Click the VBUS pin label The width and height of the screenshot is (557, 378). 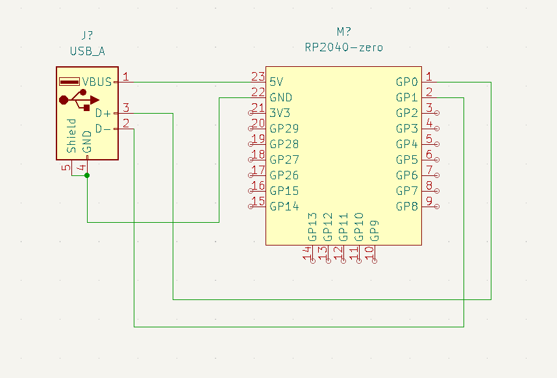[97, 82]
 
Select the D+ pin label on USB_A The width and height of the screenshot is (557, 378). [103, 113]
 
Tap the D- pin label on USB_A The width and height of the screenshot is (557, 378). [103, 129]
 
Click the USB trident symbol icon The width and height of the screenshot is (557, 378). [79, 99]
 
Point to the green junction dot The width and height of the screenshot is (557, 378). [87, 175]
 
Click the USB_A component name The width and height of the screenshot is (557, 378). [87, 50]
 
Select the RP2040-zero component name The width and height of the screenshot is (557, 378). [344, 47]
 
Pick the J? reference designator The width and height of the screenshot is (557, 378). [87, 34]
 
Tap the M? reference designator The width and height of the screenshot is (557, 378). [344, 32]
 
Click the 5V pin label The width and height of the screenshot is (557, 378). [277, 82]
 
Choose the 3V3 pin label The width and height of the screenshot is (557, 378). [280, 113]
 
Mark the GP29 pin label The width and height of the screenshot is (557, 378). [284, 129]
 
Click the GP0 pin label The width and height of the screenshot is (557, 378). [407, 82]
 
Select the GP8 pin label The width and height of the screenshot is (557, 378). [407, 207]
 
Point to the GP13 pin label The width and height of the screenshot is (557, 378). [312, 227]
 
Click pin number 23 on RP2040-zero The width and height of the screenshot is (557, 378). [258, 77]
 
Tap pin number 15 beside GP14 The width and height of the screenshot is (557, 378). [258, 201]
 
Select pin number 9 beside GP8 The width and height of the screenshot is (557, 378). [429, 201]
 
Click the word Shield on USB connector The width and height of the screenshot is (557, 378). [71, 136]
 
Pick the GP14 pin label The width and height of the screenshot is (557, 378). [284, 207]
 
